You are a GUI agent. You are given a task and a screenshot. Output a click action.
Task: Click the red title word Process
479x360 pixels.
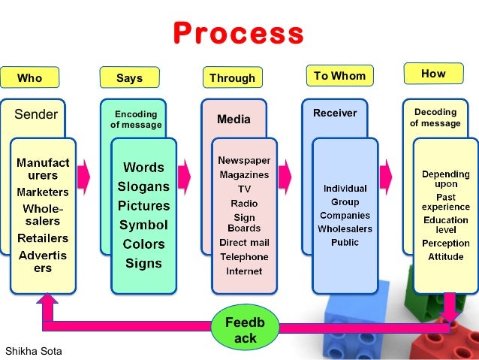pyautogui.click(x=238, y=34)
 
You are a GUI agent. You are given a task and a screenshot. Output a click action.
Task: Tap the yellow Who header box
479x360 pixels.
pyautogui.click(x=30, y=78)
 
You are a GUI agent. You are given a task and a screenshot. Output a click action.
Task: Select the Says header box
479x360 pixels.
pyautogui.click(x=129, y=78)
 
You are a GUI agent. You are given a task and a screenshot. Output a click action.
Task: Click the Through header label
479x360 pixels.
pyautogui.click(x=232, y=78)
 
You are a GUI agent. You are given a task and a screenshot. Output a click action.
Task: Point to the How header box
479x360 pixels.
pyautogui.click(x=433, y=74)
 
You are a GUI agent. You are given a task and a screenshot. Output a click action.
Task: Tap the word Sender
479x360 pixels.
pyautogui.click(x=36, y=114)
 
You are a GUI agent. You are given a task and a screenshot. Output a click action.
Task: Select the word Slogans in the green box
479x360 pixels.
pyautogui.click(x=143, y=186)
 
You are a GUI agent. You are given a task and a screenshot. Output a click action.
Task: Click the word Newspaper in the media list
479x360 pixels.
pyautogui.click(x=244, y=160)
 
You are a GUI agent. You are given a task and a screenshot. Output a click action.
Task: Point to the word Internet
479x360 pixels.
pyautogui.click(x=244, y=270)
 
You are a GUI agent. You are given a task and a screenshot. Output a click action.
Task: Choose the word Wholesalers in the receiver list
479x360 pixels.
pyautogui.click(x=345, y=228)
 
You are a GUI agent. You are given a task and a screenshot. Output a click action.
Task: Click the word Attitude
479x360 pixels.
pyautogui.click(x=445, y=256)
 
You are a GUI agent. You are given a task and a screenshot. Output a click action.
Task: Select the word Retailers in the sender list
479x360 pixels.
pyautogui.click(x=43, y=238)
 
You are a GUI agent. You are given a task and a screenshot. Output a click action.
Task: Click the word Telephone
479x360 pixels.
pyautogui.click(x=244, y=256)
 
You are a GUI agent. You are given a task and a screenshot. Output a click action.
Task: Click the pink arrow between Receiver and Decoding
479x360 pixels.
pyautogui.click(x=386, y=177)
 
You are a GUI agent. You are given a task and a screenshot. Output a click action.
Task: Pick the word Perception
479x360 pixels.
pyautogui.click(x=445, y=243)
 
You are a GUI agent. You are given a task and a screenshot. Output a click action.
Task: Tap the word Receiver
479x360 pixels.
pyautogui.click(x=335, y=113)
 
